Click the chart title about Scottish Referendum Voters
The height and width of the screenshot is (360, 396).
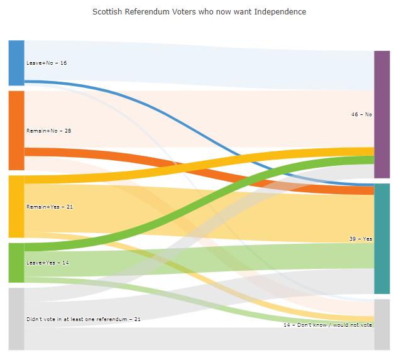(x=199, y=12)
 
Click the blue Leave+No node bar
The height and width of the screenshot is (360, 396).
(x=16, y=63)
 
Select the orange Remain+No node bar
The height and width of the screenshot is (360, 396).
(x=16, y=130)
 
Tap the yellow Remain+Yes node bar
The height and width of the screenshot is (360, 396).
(x=16, y=206)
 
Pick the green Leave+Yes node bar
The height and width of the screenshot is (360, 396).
(x=16, y=263)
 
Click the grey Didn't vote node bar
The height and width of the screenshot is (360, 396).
(x=16, y=319)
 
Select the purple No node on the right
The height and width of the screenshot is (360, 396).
(x=382, y=114)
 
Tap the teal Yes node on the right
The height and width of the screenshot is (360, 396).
(x=382, y=238)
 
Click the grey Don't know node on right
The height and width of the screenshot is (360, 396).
(x=382, y=324)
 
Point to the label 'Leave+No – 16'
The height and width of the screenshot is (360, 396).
(x=47, y=63)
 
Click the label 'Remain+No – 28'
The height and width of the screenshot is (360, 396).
(x=49, y=131)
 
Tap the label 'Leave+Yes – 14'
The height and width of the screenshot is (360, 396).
(x=47, y=263)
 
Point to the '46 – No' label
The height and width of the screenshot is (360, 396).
(x=361, y=114)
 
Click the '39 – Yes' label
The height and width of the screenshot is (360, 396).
(x=360, y=239)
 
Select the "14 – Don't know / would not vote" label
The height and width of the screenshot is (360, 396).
(x=327, y=325)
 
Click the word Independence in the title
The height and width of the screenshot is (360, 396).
(x=280, y=12)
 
